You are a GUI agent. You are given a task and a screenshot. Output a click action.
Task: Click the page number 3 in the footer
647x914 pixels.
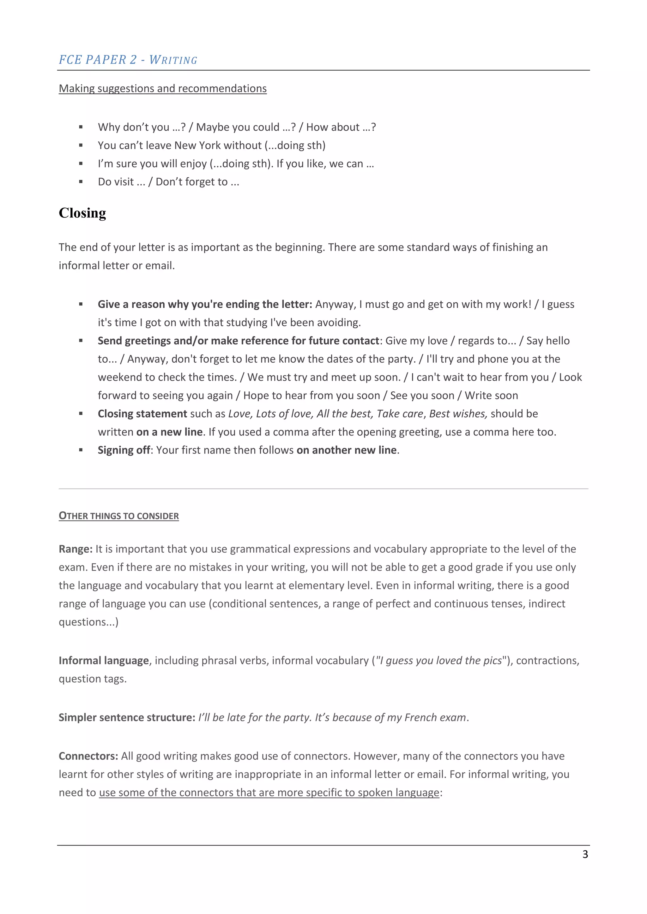(x=585, y=854)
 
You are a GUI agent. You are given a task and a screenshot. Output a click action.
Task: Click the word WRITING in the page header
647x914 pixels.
(x=173, y=60)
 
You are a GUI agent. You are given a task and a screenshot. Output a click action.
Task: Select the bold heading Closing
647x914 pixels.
(x=82, y=213)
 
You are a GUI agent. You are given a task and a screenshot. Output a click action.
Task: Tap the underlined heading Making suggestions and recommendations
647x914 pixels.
(x=163, y=88)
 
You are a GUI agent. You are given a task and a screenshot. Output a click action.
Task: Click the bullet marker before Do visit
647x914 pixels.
(x=81, y=182)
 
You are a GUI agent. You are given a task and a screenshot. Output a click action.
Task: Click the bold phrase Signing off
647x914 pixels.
(x=124, y=450)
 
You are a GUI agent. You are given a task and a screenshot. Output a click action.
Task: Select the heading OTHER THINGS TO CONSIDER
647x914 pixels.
(x=119, y=516)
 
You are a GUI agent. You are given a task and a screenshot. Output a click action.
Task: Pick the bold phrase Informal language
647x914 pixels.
(x=104, y=661)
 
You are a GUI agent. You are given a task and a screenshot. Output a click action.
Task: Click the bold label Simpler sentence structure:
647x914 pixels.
(x=127, y=718)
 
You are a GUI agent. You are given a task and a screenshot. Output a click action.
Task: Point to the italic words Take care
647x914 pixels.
(x=400, y=414)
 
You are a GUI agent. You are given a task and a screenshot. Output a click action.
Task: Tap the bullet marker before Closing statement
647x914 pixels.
(x=81, y=414)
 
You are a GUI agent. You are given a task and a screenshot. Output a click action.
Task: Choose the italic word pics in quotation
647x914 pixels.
(x=493, y=661)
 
